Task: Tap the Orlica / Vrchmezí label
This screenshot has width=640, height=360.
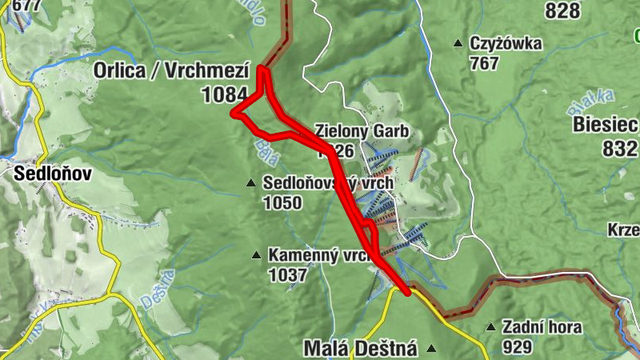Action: pyautogui.click(x=172, y=70)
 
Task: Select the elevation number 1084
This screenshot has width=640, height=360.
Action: pyautogui.click(x=225, y=95)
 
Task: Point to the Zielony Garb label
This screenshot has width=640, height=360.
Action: pyautogui.click(x=362, y=130)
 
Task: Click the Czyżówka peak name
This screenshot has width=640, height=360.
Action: pyautogui.click(x=506, y=42)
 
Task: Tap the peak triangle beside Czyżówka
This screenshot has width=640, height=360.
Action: pyautogui.click(x=458, y=43)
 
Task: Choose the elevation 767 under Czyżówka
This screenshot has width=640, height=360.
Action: pyautogui.click(x=485, y=63)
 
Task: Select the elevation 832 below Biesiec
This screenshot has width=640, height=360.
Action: pyautogui.click(x=621, y=149)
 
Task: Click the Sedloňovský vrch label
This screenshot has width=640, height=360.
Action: pyautogui.click(x=328, y=183)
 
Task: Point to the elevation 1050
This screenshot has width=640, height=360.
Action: pyautogui.click(x=282, y=203)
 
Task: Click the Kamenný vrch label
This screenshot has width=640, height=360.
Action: pyautogui.click(x=317, y=256)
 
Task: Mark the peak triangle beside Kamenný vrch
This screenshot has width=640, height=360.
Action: pyautogui.click(x=256, y=256)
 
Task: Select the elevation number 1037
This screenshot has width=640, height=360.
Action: pyautogui.click(x=288, y=276)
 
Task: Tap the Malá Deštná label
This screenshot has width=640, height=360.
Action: pyautogui.click(x=361, y=348)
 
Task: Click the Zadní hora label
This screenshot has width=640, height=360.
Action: pyautogui.click(x=542, y=326)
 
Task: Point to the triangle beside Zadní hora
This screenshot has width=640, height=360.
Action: pyautogui.click(x=490, y=327)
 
